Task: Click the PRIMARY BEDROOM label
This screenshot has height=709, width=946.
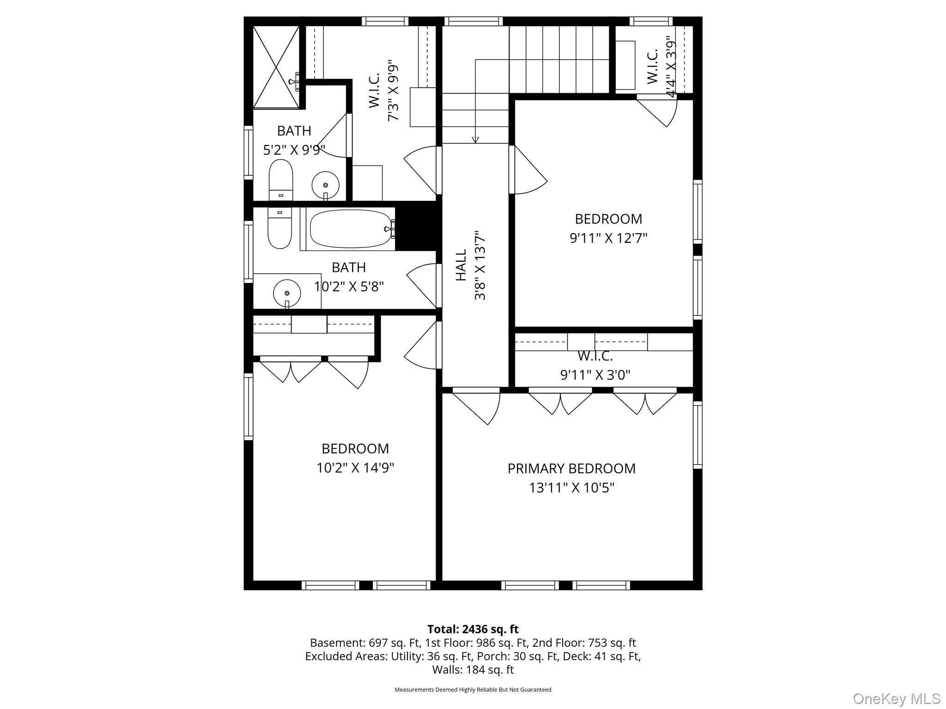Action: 571,469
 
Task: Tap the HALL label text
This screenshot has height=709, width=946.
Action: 461,265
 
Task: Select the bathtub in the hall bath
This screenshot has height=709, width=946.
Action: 351,229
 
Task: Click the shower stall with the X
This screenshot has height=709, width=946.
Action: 276,67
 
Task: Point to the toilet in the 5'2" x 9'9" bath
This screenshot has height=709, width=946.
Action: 281,180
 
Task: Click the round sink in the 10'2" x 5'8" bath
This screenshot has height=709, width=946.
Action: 287,293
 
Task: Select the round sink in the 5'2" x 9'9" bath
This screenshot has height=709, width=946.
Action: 326,185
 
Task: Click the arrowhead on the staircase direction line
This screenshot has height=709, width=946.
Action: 475,140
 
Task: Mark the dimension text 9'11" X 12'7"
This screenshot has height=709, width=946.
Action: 608,238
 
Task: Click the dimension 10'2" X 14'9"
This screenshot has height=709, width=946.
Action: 355,468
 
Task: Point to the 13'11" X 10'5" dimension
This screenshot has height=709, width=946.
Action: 571,488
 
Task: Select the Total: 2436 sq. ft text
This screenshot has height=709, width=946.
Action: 473,629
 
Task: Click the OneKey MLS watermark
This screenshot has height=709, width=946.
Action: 897,698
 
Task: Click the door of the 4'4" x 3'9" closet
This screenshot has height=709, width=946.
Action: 658,111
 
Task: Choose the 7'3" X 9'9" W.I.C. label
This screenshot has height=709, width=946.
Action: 383,90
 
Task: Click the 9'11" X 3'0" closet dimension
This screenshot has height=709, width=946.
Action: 595,375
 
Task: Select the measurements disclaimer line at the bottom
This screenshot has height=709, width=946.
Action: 473,690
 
